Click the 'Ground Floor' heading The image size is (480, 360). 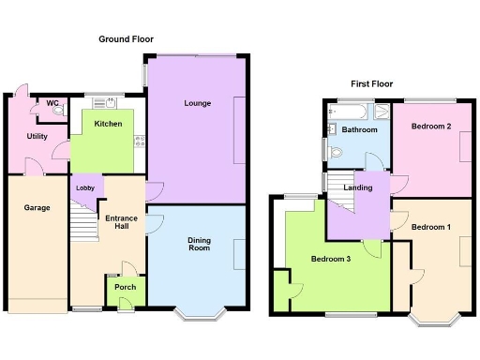pos(127,39)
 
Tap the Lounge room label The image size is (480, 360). pos(197,103)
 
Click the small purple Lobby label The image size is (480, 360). pos(85,188)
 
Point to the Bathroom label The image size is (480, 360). pos(359,130)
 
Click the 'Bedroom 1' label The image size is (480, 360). pos(431,227)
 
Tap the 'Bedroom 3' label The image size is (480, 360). pos(331,259)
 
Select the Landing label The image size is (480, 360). pos(358,187)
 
